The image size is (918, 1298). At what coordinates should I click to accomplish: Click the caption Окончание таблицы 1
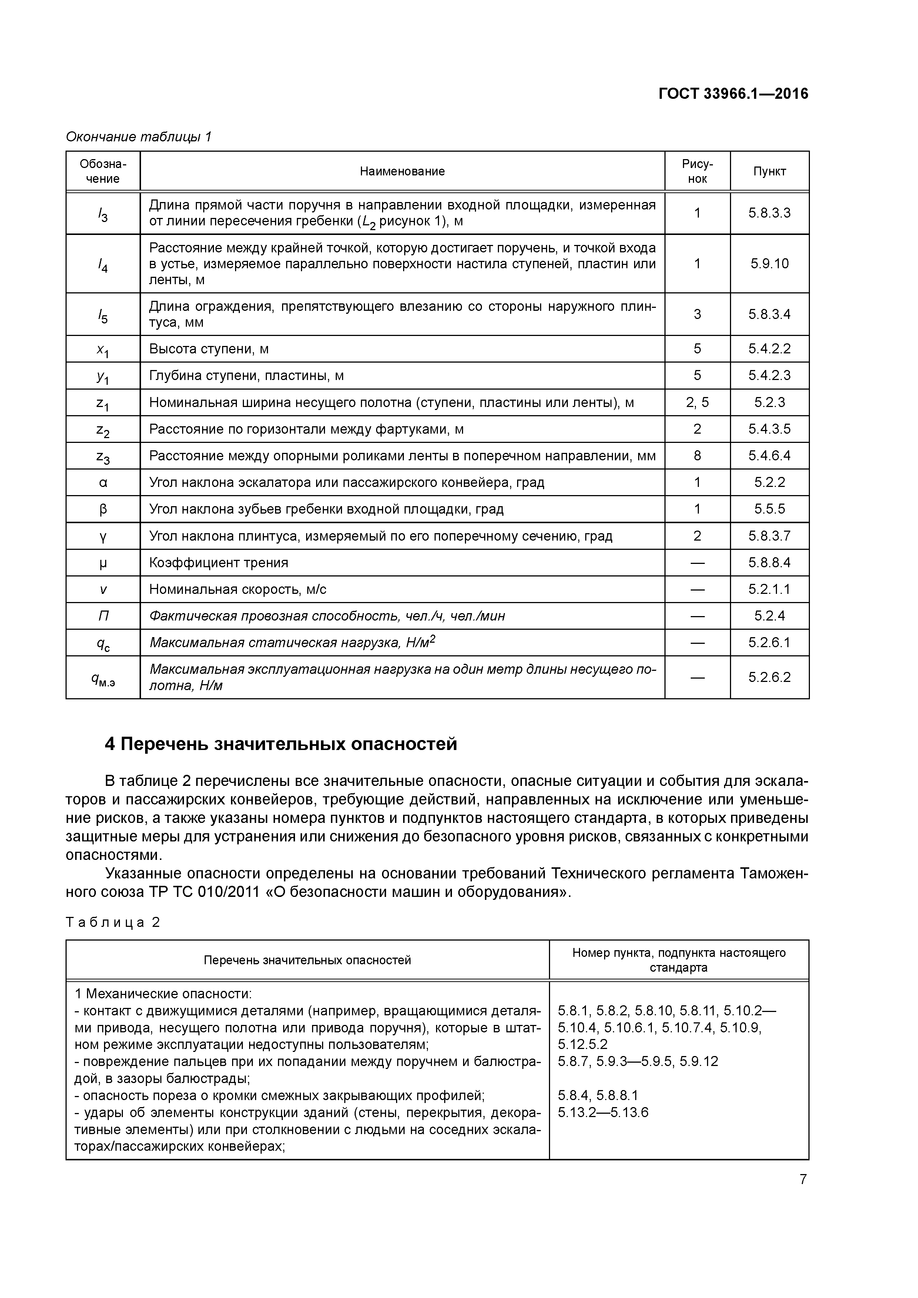(x=138, y=137)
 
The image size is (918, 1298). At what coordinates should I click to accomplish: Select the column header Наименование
(x=402, y=171)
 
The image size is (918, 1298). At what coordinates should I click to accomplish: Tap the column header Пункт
(x=769, y=171)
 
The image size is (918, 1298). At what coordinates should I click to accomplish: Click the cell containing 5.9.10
(x=769, y=263)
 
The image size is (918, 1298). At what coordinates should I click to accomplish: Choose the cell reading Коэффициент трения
(x=218, y=562)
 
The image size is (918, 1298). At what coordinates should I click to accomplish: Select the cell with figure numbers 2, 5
(x=697, y=403)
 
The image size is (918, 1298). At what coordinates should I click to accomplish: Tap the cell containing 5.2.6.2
(x=769, y=677)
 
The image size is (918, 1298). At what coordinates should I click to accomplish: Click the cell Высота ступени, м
(x=209, y=349)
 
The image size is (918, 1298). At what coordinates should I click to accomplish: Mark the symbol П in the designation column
(x=103, y=616)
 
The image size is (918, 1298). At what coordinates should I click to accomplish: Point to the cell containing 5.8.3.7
(x=769, y=536)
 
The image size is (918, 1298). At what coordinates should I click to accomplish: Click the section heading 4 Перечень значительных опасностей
(x=281, y=744)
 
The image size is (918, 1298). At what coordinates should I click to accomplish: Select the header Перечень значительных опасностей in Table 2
(x=307, y=960)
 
